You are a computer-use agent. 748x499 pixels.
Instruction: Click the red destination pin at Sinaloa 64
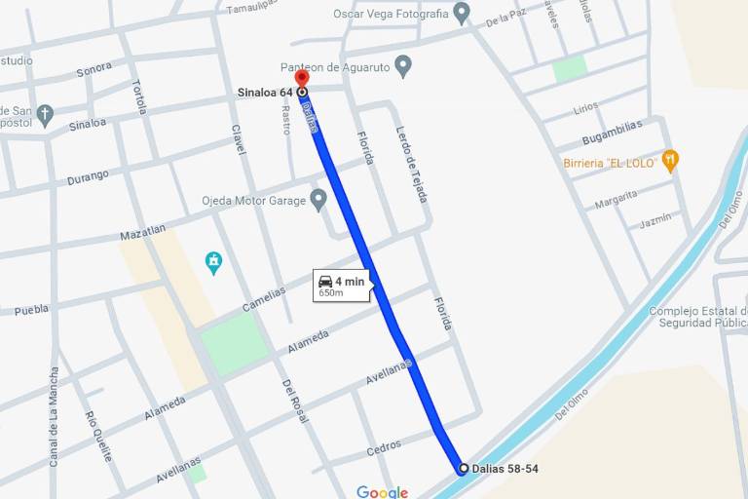click(302, 79)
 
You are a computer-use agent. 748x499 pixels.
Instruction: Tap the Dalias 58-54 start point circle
click(463, 469)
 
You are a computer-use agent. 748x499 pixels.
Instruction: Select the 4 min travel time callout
click(341, 285)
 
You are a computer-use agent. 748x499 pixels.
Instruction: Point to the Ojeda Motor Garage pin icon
click(318, 201)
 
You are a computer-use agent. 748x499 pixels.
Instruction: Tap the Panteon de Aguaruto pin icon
click(403, 66)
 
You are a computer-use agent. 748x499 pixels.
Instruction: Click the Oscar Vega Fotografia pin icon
click(462, 14)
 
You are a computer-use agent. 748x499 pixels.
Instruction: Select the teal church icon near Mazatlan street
click(214, 262)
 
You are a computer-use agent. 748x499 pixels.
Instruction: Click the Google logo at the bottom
click(382, 492)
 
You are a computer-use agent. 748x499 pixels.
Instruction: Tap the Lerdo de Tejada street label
click(411, 164)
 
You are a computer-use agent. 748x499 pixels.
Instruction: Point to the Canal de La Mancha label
click(54, 416)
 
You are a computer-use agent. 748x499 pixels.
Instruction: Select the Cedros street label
click(384, 448)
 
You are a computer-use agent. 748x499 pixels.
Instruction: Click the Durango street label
click(88, 178)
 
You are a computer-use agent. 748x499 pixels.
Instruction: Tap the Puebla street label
click(31, 310)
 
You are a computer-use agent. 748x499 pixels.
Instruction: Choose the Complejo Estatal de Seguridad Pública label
click(697, 317)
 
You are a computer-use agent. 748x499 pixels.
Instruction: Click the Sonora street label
click(93, 69)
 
